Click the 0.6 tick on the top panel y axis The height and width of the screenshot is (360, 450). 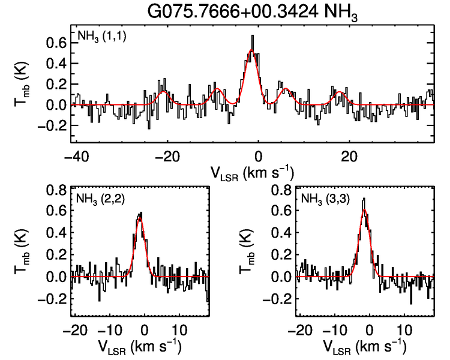pyautogui.click(x=56, y=43)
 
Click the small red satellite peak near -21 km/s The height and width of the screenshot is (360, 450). pyautogui.click(x=163, y=92)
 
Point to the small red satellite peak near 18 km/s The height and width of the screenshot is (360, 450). pyautogui.click(x=340, y=92)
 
